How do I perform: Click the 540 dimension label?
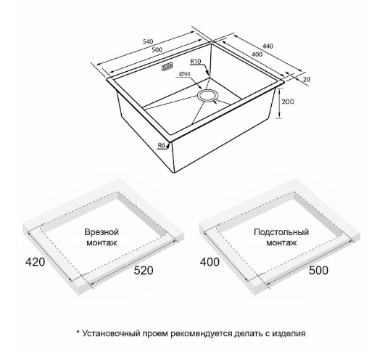148,41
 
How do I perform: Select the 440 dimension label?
268,46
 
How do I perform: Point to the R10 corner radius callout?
196,61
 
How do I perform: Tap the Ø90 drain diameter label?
185,74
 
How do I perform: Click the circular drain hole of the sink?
207,96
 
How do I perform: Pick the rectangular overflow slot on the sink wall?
167,67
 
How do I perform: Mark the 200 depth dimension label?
288,102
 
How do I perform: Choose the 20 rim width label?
307,79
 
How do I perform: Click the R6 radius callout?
161,145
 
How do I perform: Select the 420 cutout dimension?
36,262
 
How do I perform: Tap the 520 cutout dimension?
143,270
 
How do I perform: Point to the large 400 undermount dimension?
210,262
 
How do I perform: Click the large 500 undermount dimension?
318,270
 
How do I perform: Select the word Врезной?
102,232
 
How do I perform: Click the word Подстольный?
281,232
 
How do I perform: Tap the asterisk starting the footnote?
78,332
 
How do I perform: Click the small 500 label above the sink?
157,50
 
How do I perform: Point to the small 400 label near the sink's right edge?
257,54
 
